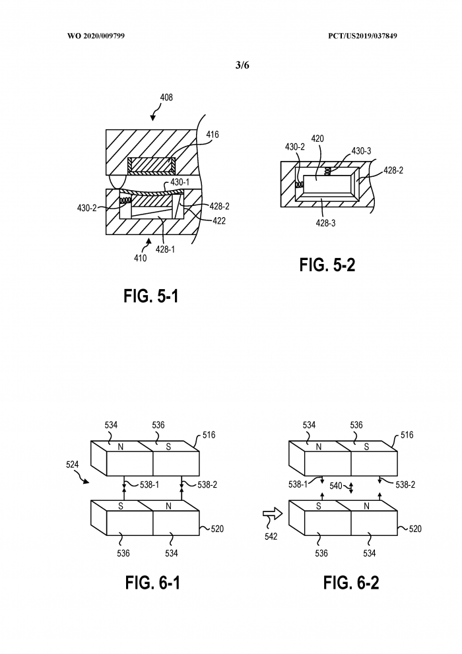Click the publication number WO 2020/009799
96,36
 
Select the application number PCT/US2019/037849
362,36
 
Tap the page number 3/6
242,65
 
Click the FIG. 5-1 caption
151,296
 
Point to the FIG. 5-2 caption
327,265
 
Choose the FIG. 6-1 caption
152,582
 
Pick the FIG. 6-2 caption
351,582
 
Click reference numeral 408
166,97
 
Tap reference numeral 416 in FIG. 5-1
213,135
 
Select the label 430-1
180,182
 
